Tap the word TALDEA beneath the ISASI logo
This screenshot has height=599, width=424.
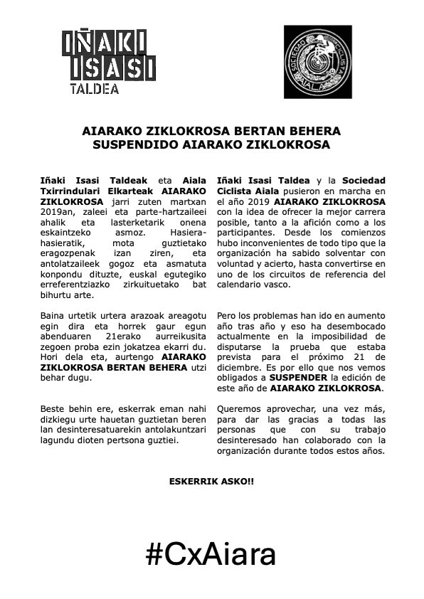click(x=92, y=90)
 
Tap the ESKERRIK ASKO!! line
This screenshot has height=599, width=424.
click(x=211, y=482)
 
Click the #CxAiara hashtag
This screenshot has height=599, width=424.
click(x=211, y=553)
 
